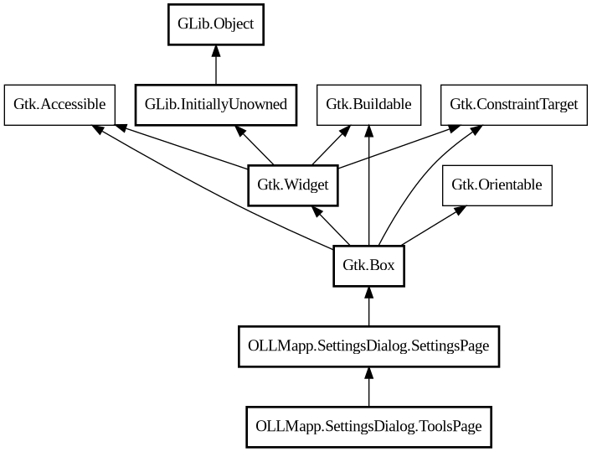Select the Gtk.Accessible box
(59, 105)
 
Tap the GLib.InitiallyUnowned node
(216, 105)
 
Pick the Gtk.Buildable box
(368, 105)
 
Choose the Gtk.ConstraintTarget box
(513, 105)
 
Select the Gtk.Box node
(368, 266)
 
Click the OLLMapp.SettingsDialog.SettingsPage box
(368, 345)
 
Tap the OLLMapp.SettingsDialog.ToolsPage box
(368, 426)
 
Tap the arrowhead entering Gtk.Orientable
(459, 210)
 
